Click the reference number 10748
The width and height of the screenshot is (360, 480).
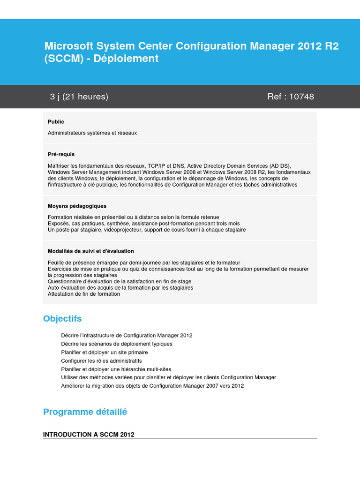click(301, 97)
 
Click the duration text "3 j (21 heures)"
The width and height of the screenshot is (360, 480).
click(79, 97)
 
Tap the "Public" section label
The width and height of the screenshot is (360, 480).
click(56, 122)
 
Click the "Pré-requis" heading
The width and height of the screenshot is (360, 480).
click(61, 154)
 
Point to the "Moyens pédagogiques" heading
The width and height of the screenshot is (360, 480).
click(77, 206)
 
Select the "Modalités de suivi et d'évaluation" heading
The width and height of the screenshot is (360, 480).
click(90, 251)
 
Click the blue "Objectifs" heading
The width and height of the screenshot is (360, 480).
click(62, 319)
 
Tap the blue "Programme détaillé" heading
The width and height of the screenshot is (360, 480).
click(85, 412)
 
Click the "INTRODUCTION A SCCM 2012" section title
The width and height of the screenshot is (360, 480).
click(89, 435)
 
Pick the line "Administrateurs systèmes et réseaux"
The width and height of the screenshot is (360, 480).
click(92, 133)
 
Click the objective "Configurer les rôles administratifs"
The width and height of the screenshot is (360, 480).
click(101, 361)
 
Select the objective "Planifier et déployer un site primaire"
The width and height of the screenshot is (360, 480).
click(104, 352)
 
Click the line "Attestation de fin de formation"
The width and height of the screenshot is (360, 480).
click(84, 294)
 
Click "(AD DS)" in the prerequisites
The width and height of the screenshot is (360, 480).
click(280, 166)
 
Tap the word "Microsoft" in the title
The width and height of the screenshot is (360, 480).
click(68, 46)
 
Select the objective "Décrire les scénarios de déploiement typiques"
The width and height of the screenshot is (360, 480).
click(116, 344)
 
